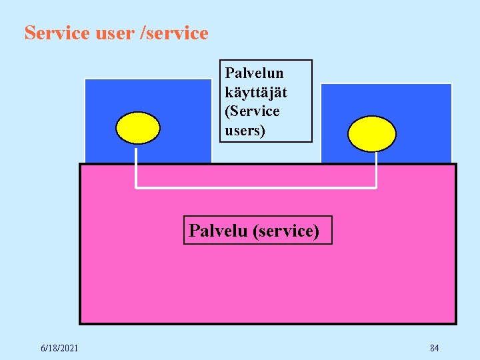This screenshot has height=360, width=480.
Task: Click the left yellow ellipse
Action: click(138, 127)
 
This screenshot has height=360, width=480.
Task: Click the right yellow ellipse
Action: click(373, 134)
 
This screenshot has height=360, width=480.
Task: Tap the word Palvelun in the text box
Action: click(254, 73)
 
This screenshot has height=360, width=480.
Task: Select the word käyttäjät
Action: click(256, 92)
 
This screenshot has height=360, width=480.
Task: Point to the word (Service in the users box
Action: click(252, 111)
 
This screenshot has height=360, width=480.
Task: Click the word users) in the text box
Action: click(245, 130)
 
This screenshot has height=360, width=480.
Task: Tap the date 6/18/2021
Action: click(59, 348)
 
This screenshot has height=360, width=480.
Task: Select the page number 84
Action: click(434, 348)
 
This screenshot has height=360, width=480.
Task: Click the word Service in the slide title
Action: click(57, 33)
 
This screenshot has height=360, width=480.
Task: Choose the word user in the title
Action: click(114, 33)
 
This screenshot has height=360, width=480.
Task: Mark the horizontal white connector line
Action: click(257, 187)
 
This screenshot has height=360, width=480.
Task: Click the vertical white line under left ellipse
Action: click(137, 167)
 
